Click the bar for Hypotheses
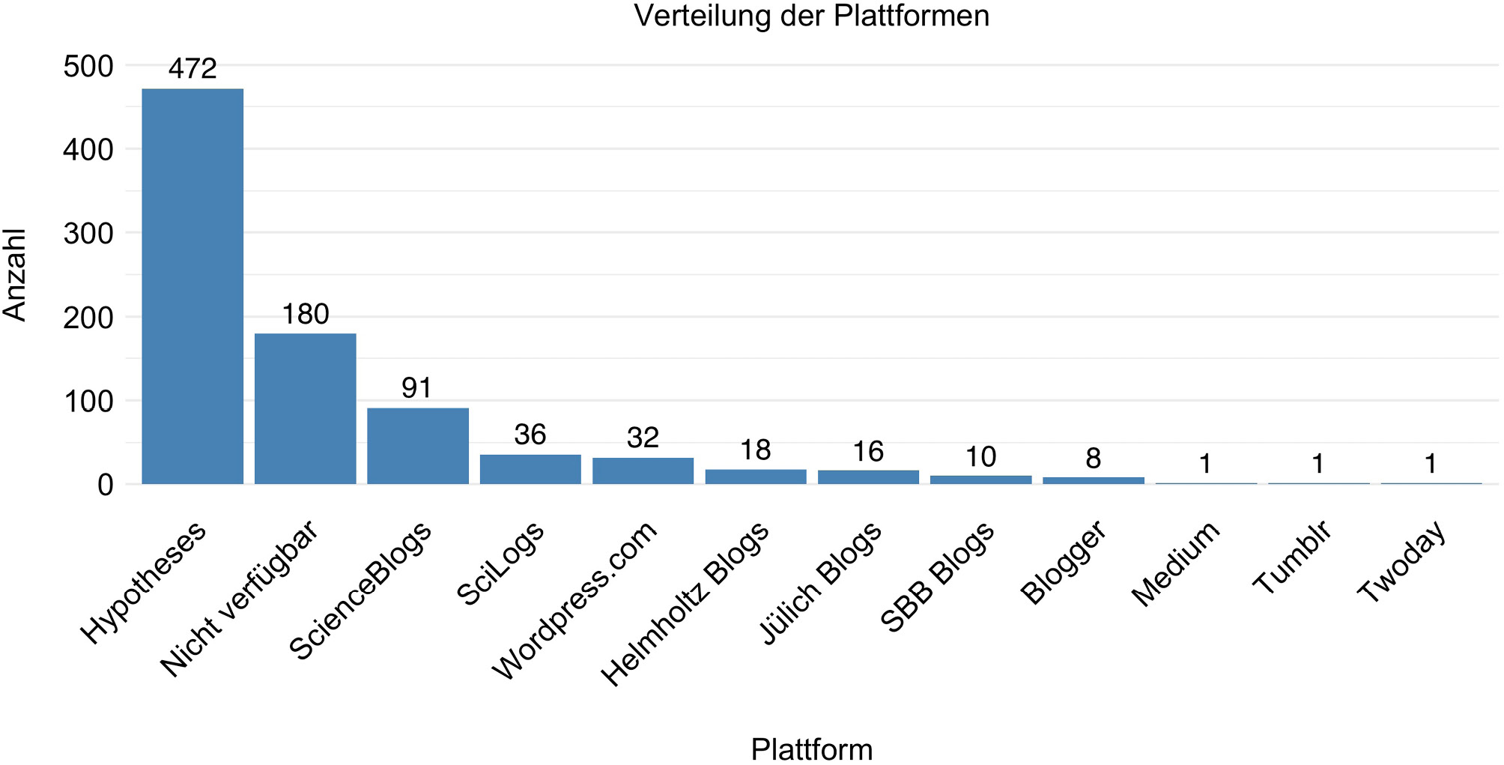192,286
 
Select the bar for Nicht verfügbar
306,408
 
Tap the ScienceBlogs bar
418,446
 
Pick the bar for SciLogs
530,469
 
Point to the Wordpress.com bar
643,471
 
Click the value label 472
192,69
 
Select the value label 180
306,314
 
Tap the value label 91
417,388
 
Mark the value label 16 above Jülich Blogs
868,452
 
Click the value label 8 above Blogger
1094,459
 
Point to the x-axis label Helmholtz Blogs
685,603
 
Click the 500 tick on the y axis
88,66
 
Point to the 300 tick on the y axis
88,234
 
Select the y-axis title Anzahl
15,275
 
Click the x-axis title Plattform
812,749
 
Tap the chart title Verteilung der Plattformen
812,15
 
